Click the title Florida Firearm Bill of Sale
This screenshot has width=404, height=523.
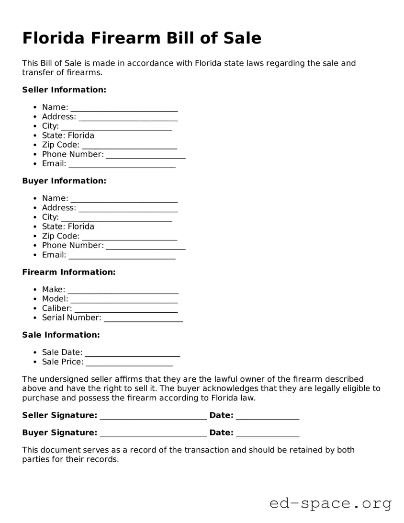click(x=142, y=38)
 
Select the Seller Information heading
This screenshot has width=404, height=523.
click(x=64, y=90)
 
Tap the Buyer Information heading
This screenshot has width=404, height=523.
click(x=64, y=181)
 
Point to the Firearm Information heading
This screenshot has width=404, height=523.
click(x=69, y=272)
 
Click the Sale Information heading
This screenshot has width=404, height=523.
click(x=61, y=335)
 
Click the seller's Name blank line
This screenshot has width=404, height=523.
click(x=124, y=108)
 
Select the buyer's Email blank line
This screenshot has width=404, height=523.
click(x=122, y=256)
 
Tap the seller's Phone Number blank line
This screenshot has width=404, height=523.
click(x=146, y=156)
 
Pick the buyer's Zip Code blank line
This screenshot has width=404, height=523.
click(x=129, y=237)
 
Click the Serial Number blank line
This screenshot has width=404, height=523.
click(x=143, y=319)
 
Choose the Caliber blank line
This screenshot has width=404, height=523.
click(x=126, y=309)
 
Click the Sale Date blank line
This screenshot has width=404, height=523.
click(x=132, y=353)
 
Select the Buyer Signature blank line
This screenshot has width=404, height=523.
click(x=153, y=434)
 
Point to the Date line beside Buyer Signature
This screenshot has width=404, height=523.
click(x=268, y=434)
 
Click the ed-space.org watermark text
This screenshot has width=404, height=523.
click(x=330, y=503)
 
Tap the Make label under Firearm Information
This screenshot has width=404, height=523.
click(x=53, y=289)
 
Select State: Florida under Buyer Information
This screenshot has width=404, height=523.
click(x=68, y=227)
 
